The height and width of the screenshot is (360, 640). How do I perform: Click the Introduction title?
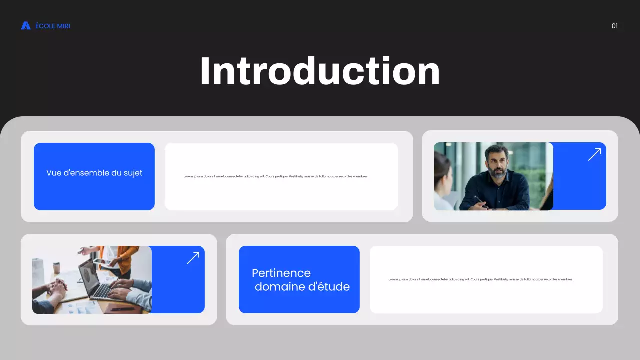click(320, 72)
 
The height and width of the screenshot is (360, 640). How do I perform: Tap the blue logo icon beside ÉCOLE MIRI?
click(26, 26)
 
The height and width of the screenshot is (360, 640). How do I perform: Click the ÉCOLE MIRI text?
click(53, 26)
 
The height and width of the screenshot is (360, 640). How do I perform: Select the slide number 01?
click(615, 26)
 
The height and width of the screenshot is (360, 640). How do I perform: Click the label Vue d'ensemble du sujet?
click(94, 173)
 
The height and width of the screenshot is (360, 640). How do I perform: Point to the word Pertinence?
click(281, 273)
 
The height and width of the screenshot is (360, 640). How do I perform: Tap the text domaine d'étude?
click(302, 287)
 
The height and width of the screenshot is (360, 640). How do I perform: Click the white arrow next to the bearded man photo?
click(594, 154)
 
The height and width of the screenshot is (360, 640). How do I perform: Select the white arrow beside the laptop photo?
click(193, 258)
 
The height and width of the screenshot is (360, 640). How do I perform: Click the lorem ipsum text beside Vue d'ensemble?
click(276, 176)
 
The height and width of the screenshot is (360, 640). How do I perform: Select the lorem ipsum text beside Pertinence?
click(481, 279)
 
